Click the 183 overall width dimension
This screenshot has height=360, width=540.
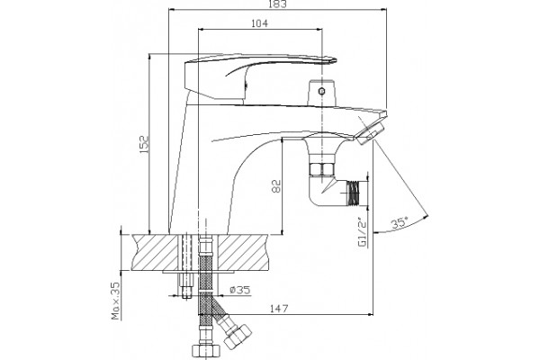tap(278, 4)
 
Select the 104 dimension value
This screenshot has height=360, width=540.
tap(259, 23)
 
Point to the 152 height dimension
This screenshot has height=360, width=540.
tap(144, 144)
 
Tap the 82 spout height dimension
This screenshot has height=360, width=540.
tap(277, 186)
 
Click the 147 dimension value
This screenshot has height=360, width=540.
tap(279, 309)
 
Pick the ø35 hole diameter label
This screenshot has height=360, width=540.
tap(239, 291)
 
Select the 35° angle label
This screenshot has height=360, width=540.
tap(400, 223)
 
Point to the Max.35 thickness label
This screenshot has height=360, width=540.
tap(117, 301)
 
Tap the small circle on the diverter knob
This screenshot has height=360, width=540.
tap(321, 91)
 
